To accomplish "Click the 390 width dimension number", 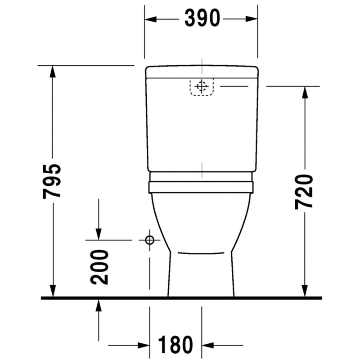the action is [202, 18].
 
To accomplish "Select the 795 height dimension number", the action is [52, 181].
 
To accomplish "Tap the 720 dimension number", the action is [304, 192].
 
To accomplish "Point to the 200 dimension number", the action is [99, 267].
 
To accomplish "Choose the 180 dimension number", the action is [175, 344].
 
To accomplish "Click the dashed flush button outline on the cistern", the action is [202, 87].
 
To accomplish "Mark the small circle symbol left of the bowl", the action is [150, 240].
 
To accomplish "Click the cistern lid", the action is [202, 72].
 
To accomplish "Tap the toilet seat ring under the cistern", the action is [201, 187].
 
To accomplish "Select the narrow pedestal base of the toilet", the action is [201, 274].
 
